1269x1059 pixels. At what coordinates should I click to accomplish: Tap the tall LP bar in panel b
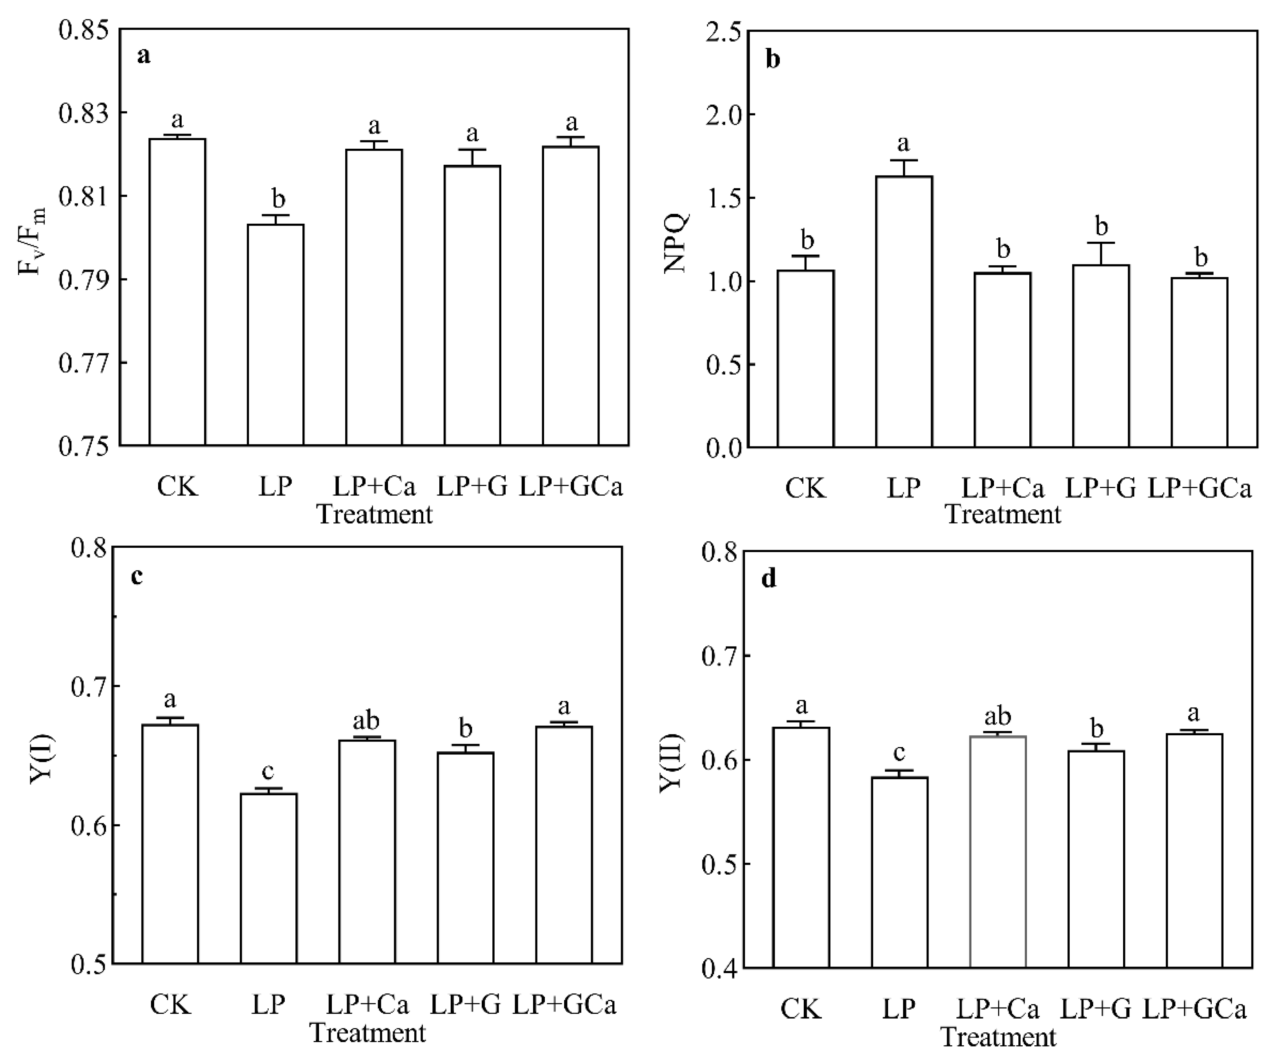(904, 311)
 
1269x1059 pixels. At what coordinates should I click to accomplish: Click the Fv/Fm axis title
(31, 240)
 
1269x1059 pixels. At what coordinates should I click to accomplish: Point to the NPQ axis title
(675, 243)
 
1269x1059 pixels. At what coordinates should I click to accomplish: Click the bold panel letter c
(137, 577)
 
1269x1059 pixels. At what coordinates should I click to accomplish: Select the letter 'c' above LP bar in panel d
(899, 753)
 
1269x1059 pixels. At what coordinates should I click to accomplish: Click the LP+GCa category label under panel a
(571, 487)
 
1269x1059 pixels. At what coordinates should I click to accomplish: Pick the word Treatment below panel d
(998, 1037)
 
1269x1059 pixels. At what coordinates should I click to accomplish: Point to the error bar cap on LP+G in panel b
(1101, 243)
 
